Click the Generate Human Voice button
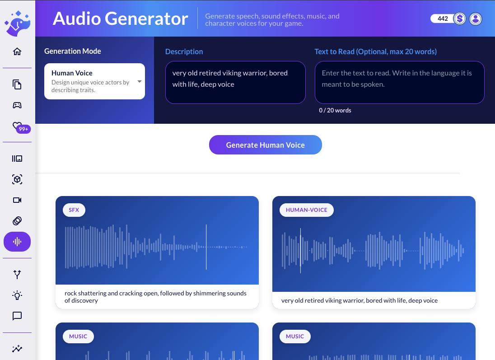coord(265,145)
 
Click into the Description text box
coord(235,83)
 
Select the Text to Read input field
coord(399,83)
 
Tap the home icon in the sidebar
coord(17,51)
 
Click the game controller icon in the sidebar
coord(17,105)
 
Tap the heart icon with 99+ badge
coord(17,126)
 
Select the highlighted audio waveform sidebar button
coord(17,242)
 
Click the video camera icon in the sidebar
coord(17,200)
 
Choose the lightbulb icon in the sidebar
coord(17,295)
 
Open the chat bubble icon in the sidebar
coord(17,316)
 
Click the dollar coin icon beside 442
coord(460,19)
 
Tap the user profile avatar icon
coord(475,19)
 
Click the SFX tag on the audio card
coord(74,210)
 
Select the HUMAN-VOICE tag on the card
coord(306,210)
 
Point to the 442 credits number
coord(443,19)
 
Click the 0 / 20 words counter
coord(335,110)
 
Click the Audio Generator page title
coord(120,19)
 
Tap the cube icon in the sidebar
coord(17,179)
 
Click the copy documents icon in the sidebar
coord(17,84)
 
